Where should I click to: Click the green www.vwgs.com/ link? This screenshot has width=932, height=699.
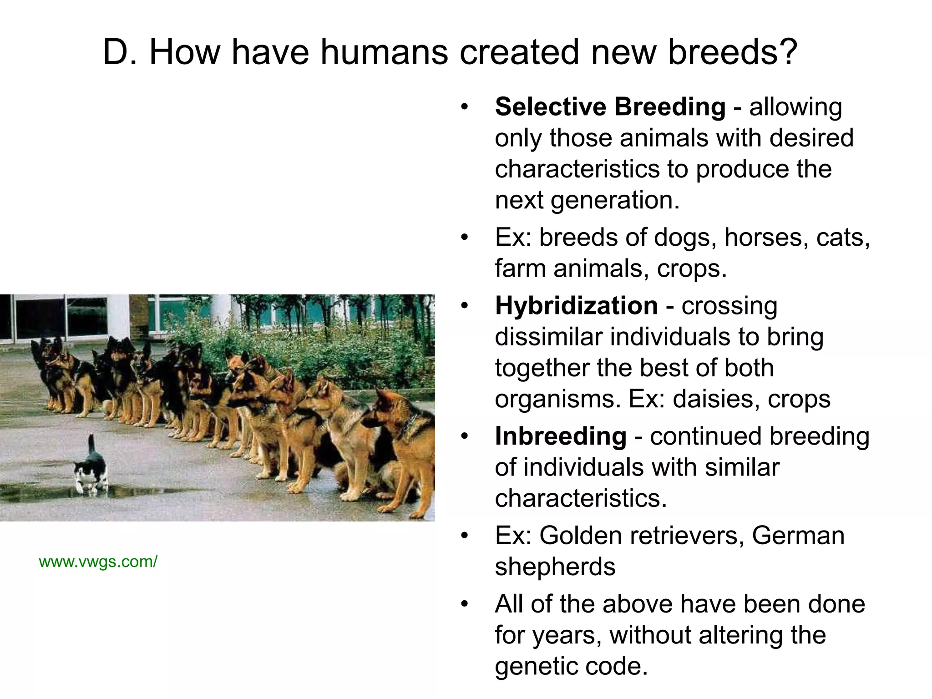(x=98, y=562)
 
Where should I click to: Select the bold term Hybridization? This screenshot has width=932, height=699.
(x=576, y=305)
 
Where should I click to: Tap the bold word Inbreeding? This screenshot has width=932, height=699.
(x=561, y=436)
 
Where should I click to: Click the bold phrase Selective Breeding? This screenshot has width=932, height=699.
(x=610, y=107)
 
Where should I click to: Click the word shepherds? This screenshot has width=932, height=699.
(x=555, y=567)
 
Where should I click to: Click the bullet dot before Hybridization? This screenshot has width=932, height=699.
(x=464, y=306)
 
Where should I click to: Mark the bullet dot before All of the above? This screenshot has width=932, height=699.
(x=464, y=604)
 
